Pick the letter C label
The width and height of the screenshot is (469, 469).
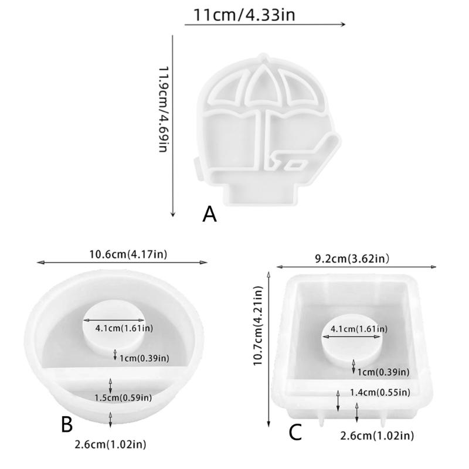point(295,433)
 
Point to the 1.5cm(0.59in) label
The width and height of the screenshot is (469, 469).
point(124,397)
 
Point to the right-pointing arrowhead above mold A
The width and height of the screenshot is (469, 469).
point(344,25)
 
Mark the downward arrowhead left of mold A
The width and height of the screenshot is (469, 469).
point(172,214)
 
